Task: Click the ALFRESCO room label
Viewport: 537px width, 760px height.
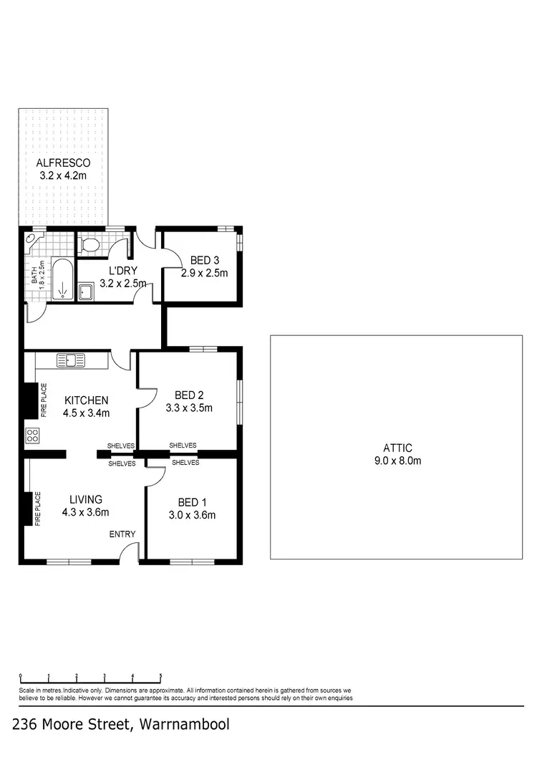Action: pos(64,163)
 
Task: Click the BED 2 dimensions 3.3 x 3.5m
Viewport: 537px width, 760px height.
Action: pos(190,408)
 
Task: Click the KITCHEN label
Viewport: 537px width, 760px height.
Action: pos(86,400)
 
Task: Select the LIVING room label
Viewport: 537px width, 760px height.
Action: pos(85,499)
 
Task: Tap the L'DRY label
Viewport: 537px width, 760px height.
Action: pos(123,270)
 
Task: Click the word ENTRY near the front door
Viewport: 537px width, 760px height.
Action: pos(122,534)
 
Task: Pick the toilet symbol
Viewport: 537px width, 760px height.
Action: pos(90,246)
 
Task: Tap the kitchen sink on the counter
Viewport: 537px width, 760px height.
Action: pos(71,360)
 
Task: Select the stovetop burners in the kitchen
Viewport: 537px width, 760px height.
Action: pos(32,434)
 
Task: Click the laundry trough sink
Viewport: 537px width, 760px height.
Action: pos(87,292)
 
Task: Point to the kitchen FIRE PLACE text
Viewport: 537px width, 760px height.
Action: pos(44,401)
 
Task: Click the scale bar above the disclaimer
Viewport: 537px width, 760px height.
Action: pos(90,676)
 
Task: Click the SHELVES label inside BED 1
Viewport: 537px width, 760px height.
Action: pos(185,463)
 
